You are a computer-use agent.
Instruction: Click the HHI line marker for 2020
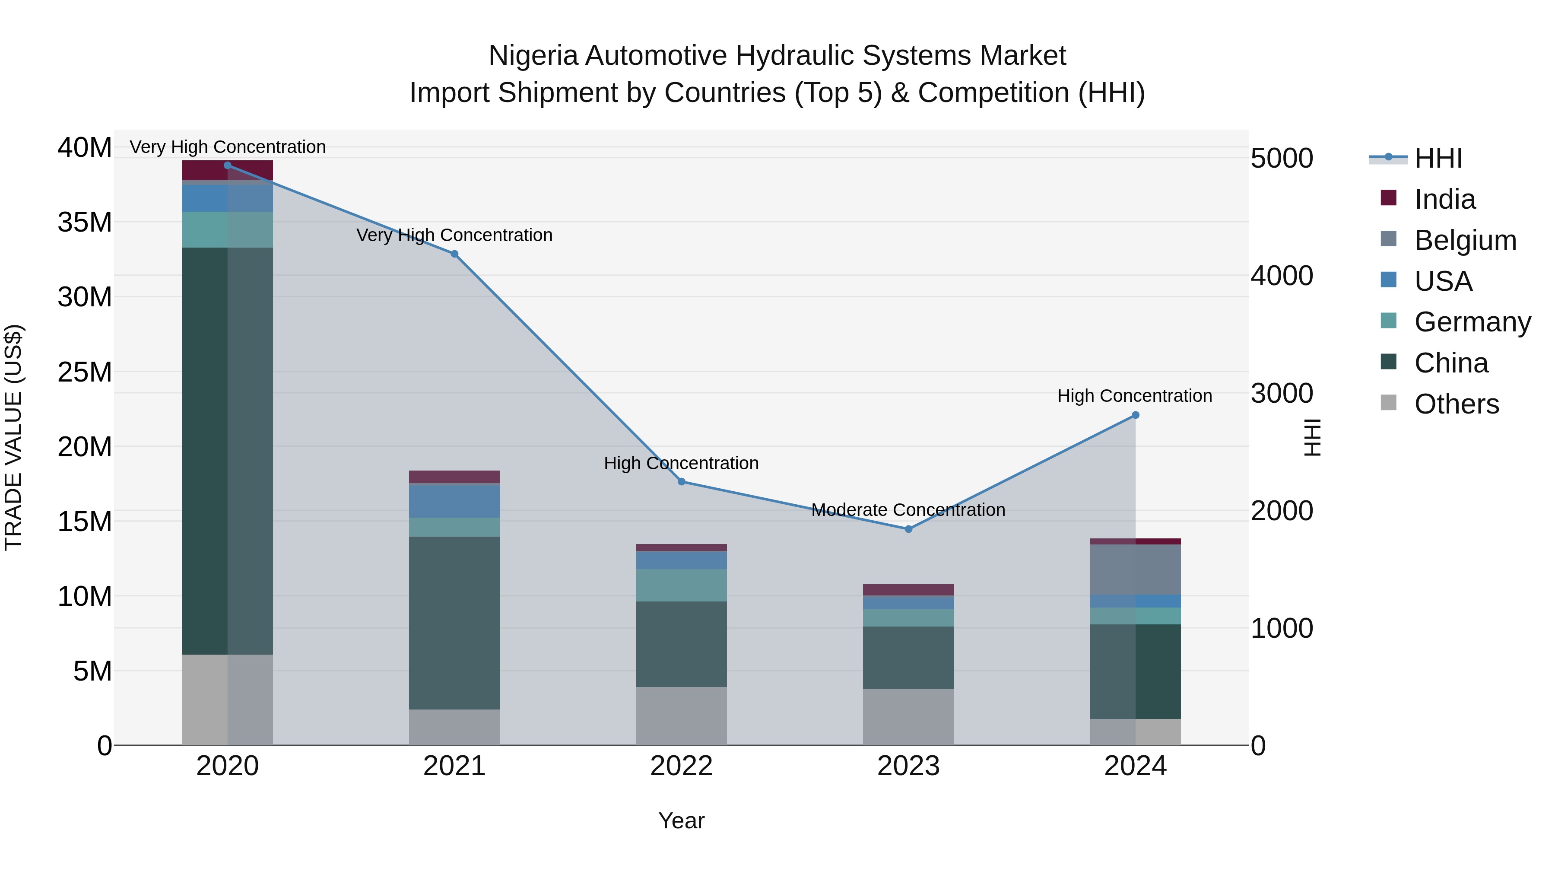(228, 165)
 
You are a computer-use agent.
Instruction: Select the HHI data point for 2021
(454, 254)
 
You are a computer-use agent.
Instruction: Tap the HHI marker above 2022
(682, 482)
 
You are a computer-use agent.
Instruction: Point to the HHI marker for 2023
(908, 529)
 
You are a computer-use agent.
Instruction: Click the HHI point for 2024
(1136, 415)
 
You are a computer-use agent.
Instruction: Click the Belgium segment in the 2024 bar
(1136, 570)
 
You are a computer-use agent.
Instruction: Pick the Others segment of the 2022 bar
(682, 716)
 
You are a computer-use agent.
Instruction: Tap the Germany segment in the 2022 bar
(682, 585)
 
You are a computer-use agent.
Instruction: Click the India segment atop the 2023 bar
(908, 589)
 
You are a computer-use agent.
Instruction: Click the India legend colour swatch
(1388, 198)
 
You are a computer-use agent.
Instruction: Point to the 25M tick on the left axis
(85, 372)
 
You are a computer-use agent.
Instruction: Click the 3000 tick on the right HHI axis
(1282, 394)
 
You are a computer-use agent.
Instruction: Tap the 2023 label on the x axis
(908, 766)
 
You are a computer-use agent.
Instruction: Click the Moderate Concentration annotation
(908, 510)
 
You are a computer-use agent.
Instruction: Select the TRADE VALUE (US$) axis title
(13, 437)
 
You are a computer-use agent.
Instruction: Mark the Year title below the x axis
(682, 821)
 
